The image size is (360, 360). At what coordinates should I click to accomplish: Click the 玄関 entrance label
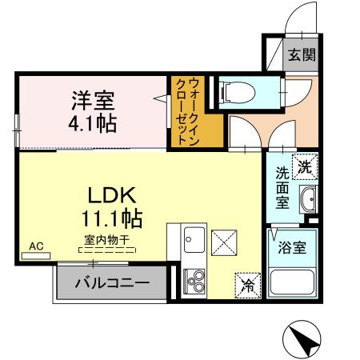click(302, 55)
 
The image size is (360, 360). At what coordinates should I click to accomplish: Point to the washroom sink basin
click(307, 201)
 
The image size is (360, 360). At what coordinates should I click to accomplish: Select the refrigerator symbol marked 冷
click(247, 282)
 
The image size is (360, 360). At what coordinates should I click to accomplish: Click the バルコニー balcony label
click(112, 282)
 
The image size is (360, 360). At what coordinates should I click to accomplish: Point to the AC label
click(35, 246)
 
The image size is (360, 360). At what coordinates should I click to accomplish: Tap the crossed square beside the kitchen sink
click(224, 240)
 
